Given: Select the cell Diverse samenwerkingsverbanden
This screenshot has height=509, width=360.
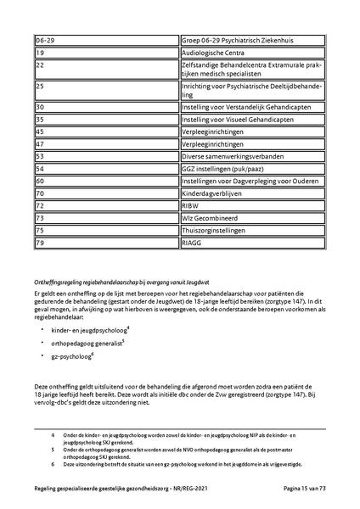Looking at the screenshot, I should (x=229, y=157).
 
